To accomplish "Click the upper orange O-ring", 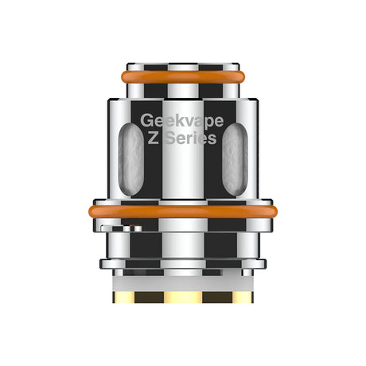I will click(183, 78).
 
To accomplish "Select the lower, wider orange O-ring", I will click(183, 212).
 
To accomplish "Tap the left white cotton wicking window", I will click(130, 160).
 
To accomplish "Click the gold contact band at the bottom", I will click(183, 297).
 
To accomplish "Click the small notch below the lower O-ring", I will click(127, 229).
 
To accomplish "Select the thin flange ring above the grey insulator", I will click(183, 263).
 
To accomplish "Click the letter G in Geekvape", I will click(146, 122).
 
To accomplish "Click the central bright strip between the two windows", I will click(183, 171).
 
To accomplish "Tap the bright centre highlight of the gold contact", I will click(183, 297).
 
